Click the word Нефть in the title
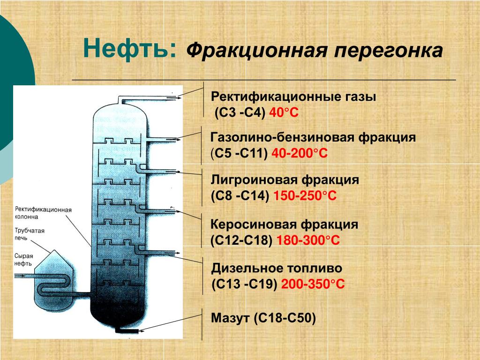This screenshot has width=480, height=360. point(130,48)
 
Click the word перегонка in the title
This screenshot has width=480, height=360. point(388,50)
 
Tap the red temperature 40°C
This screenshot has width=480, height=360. point(284,112)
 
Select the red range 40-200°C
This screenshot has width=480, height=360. point(300,153)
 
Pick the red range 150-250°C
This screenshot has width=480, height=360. point(305,195)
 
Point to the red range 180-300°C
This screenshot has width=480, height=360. point(308,240)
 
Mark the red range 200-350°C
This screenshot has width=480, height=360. point(313,284)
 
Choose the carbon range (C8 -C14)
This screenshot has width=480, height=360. point(240,195)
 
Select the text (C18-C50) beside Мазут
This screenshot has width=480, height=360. point(285,318)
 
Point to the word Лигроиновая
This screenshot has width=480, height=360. point(254,180)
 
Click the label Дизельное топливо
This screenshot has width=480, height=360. point(277,268)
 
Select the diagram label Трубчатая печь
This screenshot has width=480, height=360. point(30,234)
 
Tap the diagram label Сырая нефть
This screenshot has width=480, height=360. point(23,260)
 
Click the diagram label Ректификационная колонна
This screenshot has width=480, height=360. point(43,213)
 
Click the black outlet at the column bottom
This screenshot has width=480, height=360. point(127,330)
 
